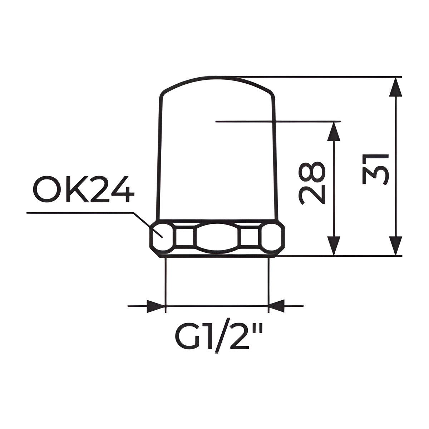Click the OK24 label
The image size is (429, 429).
(84, 189)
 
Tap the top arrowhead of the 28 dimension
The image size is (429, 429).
(334, 132)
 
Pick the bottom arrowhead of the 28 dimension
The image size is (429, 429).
(334, 245)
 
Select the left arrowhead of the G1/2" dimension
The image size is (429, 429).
(156, 306)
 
